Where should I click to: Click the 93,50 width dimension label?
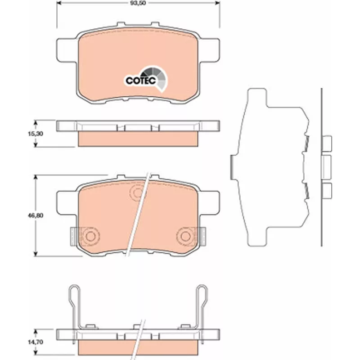138,3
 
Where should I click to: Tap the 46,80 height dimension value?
35,216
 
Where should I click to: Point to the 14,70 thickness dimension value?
35,342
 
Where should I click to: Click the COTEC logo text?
141,81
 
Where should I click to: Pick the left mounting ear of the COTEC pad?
67,50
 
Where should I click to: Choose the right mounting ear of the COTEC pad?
210,50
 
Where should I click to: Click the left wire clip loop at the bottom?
75,293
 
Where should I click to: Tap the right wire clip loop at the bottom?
202,293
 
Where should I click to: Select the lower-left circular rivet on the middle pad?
90,236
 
